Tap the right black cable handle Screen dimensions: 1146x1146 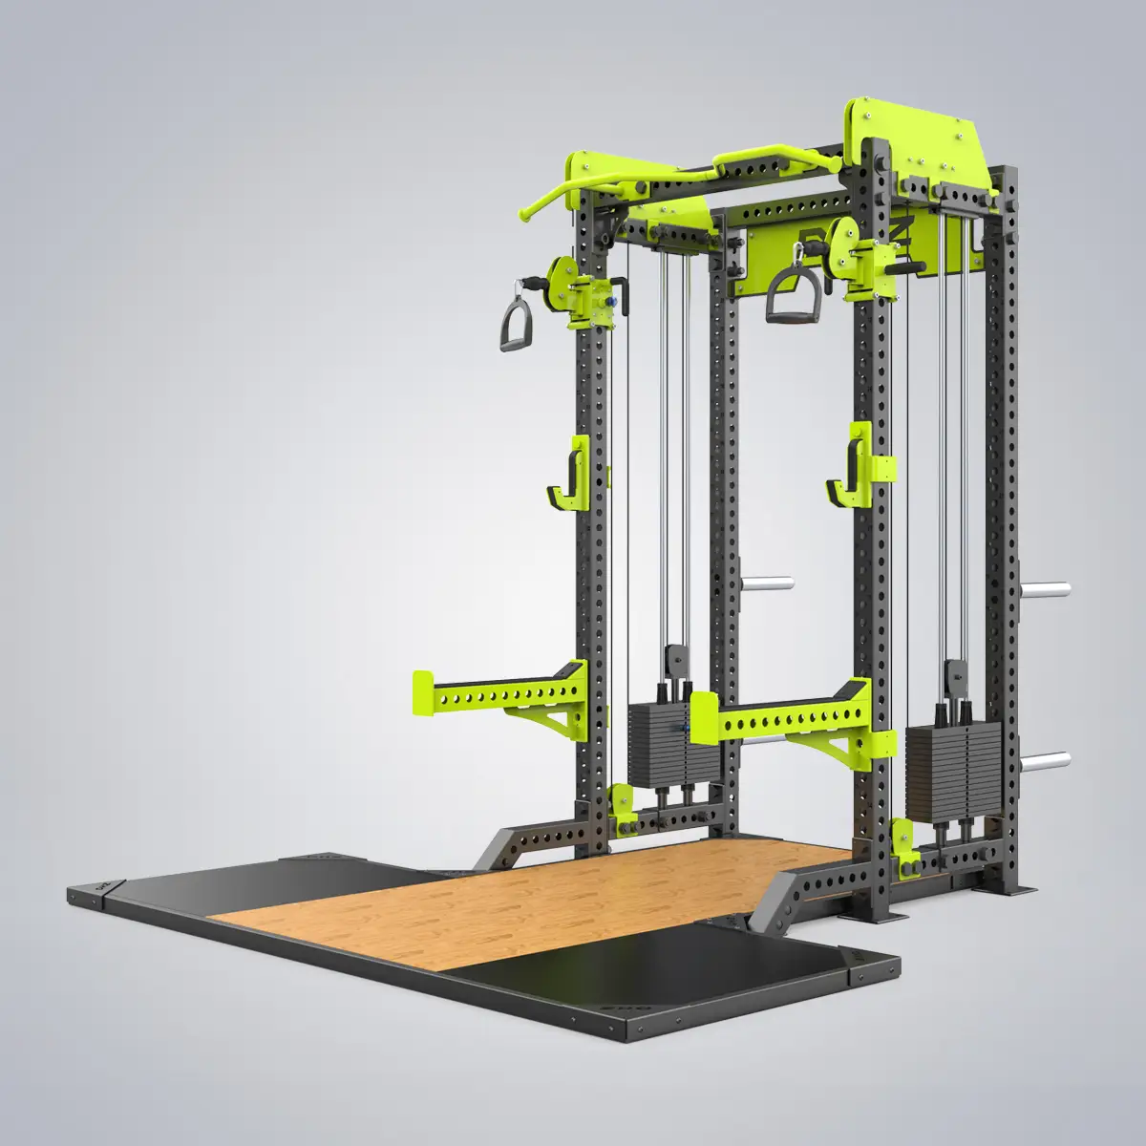789,291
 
